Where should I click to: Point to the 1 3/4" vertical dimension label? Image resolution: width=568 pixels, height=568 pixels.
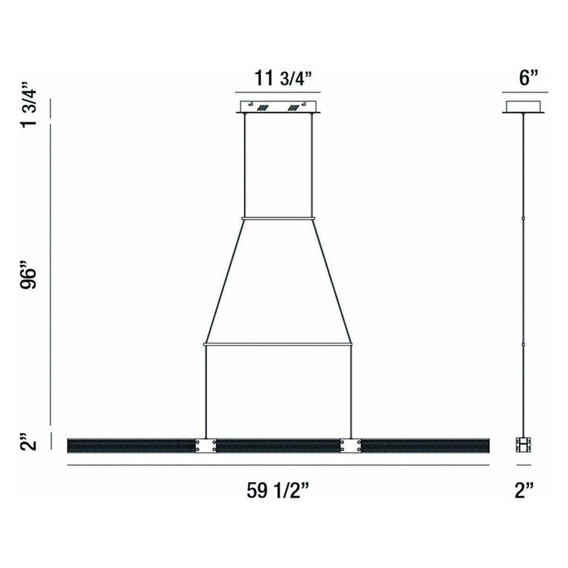(x=29, y=104)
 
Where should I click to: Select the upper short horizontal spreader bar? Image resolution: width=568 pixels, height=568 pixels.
(x=278, y=218)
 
